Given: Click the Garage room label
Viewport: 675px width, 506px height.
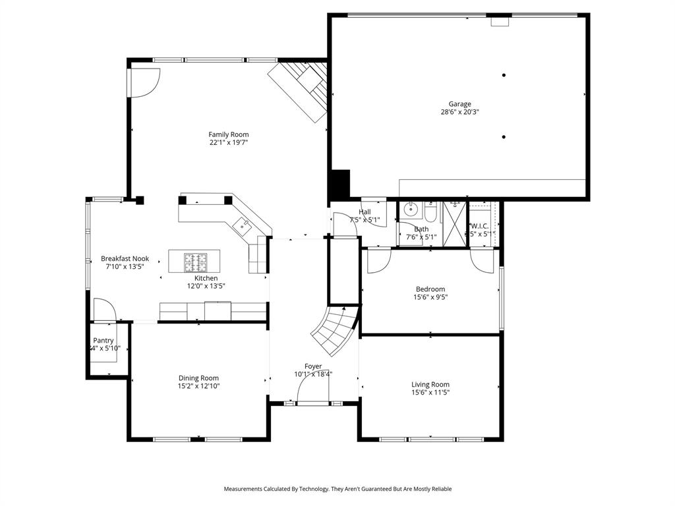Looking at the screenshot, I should click(459, 104).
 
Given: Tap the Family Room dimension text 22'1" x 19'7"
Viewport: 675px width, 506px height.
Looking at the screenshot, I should click(229, 142).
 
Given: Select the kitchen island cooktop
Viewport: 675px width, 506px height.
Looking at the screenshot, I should click(195, 262).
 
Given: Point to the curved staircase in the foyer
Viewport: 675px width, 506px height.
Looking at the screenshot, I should click(335, 329).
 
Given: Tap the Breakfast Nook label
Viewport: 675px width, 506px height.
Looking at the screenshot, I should click(125, 259).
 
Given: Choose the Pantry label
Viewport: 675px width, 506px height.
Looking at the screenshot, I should click(103, 341).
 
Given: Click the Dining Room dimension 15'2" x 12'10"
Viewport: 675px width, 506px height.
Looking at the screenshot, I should click(198, 387).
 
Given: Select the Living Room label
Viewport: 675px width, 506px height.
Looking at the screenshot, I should click(430, 385).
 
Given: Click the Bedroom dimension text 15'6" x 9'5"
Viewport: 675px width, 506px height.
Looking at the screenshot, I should click(430, 297).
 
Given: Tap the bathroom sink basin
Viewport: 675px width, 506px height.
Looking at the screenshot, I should click(409, 210).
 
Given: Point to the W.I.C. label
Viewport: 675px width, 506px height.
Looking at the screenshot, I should click(479, 226).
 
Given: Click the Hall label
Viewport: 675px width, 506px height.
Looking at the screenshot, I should click(365, 212).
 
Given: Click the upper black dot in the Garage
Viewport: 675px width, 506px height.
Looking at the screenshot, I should click(504, 75).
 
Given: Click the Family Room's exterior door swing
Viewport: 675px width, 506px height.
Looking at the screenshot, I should click(142, 82).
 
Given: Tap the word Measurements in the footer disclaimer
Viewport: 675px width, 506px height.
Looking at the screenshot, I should click(243, 489).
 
